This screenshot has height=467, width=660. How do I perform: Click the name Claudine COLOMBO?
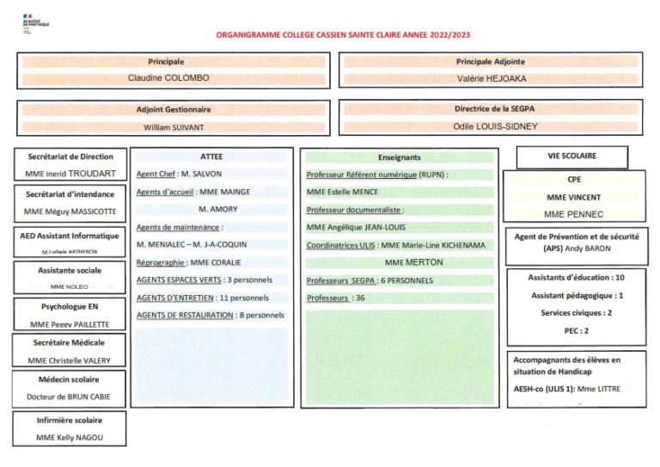coord(168,77)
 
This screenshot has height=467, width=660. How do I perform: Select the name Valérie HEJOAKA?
coord(492,77)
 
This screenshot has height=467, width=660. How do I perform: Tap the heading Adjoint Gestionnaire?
coord(174,110)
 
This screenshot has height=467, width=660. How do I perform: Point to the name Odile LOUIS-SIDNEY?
coord(491,126)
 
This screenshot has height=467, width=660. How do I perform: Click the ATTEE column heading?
coord(211,157)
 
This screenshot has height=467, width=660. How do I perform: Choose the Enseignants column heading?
coord(399,158)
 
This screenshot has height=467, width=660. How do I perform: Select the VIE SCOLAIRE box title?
coord(571,157)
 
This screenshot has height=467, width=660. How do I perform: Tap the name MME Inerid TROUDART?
coord(70,174)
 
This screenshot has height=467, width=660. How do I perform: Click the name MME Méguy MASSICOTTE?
coord(70,212)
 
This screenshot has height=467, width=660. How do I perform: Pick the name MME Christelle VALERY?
coord(70,360)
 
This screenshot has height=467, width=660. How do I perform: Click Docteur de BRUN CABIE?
coord(70,396)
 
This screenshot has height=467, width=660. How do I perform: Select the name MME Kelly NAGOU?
coord(70,438)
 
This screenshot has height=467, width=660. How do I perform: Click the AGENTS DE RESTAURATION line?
coord(211,316)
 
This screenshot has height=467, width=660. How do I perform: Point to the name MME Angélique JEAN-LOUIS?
coord(357,227)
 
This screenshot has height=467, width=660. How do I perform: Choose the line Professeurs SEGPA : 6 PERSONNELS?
coord(370,280)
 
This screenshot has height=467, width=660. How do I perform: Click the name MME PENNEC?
coord(573,213)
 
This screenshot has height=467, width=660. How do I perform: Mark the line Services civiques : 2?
coord(576,313)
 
